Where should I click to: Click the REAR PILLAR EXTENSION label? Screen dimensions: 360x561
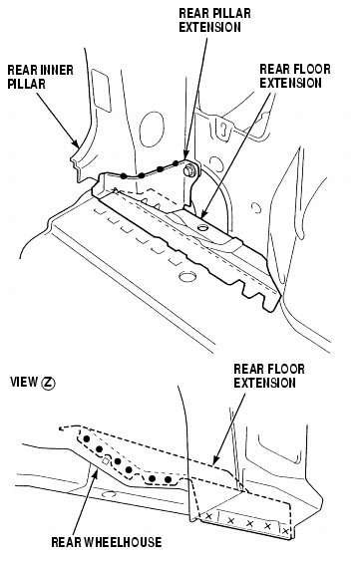tap(214, 20)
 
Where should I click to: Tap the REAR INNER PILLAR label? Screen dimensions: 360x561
tap(41, 77)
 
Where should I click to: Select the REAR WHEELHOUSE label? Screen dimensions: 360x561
tap(107, 542)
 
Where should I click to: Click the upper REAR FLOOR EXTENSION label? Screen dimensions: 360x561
tap(295, 76)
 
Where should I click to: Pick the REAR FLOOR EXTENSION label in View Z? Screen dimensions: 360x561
tap(269, 376)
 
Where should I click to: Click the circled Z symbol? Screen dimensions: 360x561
tap(48, 384)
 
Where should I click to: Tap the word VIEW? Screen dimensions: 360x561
tap(24, 383)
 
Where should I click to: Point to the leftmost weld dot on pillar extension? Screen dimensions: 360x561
tap(124, 176)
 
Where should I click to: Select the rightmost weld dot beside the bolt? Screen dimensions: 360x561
tap(176, 163)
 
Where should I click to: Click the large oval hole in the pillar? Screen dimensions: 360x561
tap(152, 129)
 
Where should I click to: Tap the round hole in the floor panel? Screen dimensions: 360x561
tap(187, 276)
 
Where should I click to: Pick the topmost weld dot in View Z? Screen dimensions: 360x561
tap(86, 438)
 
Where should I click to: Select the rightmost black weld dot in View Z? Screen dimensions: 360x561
tap(168, 478)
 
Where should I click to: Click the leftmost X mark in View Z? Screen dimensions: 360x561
tap(208, 516)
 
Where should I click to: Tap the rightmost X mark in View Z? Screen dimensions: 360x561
tap(285, 531)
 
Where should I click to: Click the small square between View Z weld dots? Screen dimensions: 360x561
tap(106, 460)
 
